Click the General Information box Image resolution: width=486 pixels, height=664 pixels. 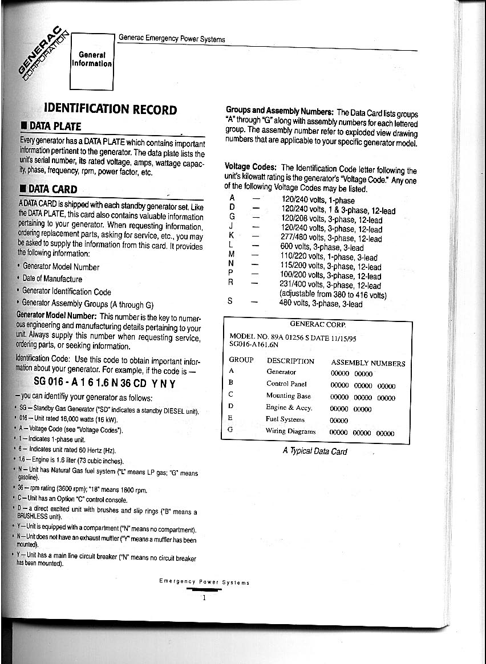(92, 59)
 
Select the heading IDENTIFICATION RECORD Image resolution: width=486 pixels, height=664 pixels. (111, 109)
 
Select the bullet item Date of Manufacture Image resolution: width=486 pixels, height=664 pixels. (52, 279)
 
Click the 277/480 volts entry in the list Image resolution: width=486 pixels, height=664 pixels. (331, 238)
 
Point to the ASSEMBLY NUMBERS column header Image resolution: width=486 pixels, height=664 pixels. (368, 363)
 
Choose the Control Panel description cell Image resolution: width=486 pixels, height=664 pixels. (286, 384)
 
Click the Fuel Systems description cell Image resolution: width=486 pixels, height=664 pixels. (285, 419)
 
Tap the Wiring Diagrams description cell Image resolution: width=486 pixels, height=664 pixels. (290, 431)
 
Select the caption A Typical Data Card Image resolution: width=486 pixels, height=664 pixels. (315, 451)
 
